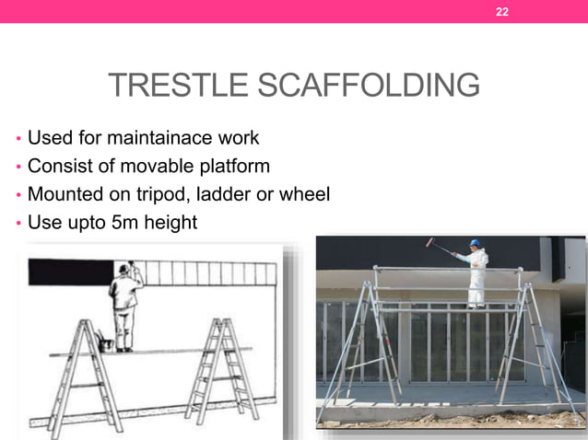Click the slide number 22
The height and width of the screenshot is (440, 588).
click(x=502, y=12)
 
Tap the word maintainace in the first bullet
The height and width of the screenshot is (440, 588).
click(x=157, y=138)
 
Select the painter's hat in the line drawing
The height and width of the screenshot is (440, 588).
click(x=124, y=269)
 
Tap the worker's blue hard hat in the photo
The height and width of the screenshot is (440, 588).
click(x=476, y=243)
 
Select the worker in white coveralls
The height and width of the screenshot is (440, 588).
click(x=476, y=276)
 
